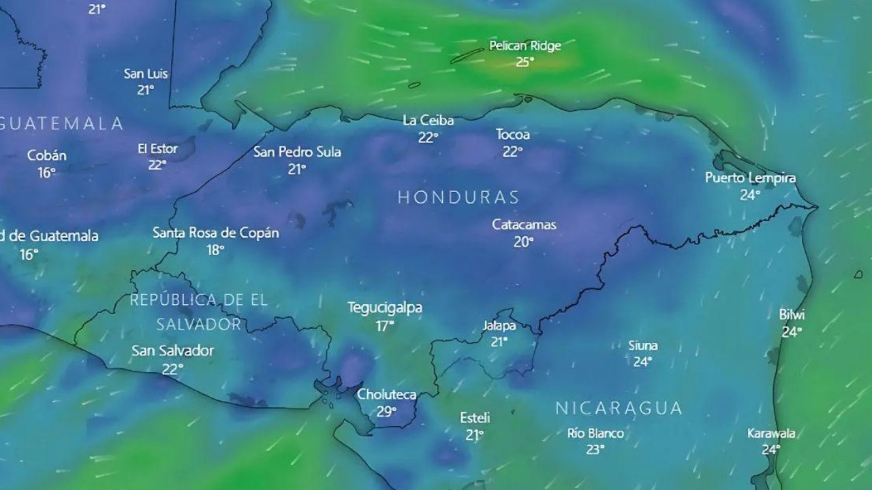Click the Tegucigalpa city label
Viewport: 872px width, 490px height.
[x=385, y=308]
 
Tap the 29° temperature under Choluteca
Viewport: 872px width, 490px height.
[x=386, y=411]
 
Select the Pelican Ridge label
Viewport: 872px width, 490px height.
[x=525, y=46]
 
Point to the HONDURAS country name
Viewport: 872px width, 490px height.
[x=458, y=197]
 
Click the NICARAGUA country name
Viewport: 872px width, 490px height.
[x=619, y=408]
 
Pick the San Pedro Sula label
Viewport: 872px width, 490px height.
[x=297, y=152]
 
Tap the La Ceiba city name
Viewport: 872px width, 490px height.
[x=428, y=120]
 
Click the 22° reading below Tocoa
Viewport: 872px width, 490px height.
[x=512, y=152]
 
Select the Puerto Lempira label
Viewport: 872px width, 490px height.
[x=750, y=178]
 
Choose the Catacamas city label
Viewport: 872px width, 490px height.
[x=524, y=225]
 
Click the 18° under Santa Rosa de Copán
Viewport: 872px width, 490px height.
[x=215, y=250]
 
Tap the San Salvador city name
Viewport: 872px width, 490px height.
[x=172, y=351]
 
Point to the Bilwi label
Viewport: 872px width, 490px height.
[x=792, y=314]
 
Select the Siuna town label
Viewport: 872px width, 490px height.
[x=642, y=346]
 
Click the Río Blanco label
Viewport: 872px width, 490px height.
[x=595, y=433]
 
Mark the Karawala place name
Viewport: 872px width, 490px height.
[x=771, y=433]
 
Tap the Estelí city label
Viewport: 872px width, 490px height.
[x=475, y=417]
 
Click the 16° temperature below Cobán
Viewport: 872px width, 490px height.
[x=46, y=172]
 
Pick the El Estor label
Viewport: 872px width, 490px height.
[x=157, y=148]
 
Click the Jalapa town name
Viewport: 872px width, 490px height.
[x=499, y=325]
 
